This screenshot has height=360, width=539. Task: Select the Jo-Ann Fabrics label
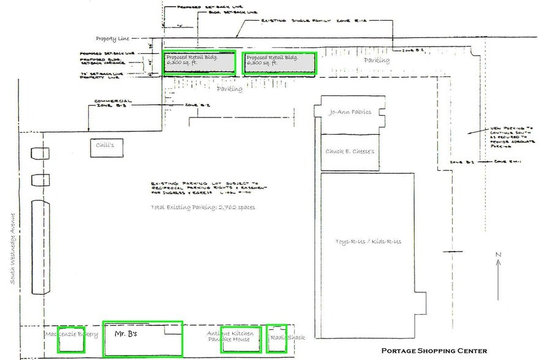point(350,113)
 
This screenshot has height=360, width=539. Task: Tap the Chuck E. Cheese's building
point(350,152)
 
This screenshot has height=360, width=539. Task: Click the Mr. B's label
point(126,334)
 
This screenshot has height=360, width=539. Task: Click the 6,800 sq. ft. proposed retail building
point(200,62)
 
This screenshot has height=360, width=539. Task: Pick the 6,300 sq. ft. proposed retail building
point(279,62)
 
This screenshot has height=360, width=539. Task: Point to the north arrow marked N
point(499,264)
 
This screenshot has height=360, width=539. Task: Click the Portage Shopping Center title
point(434,351)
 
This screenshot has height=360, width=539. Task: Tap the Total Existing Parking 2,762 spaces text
point(203,208)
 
